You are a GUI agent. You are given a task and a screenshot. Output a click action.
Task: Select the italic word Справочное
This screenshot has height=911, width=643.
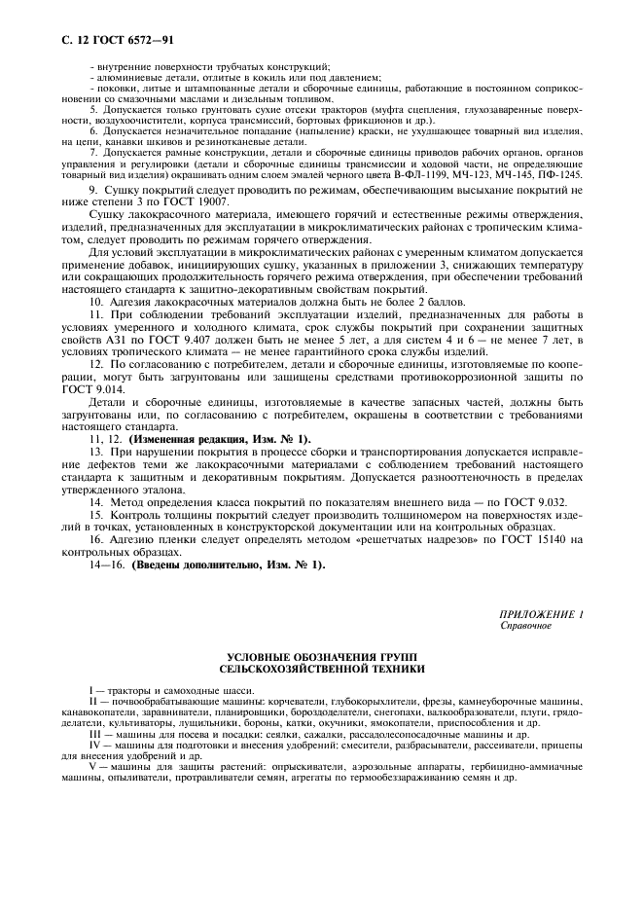click(525, 626)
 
